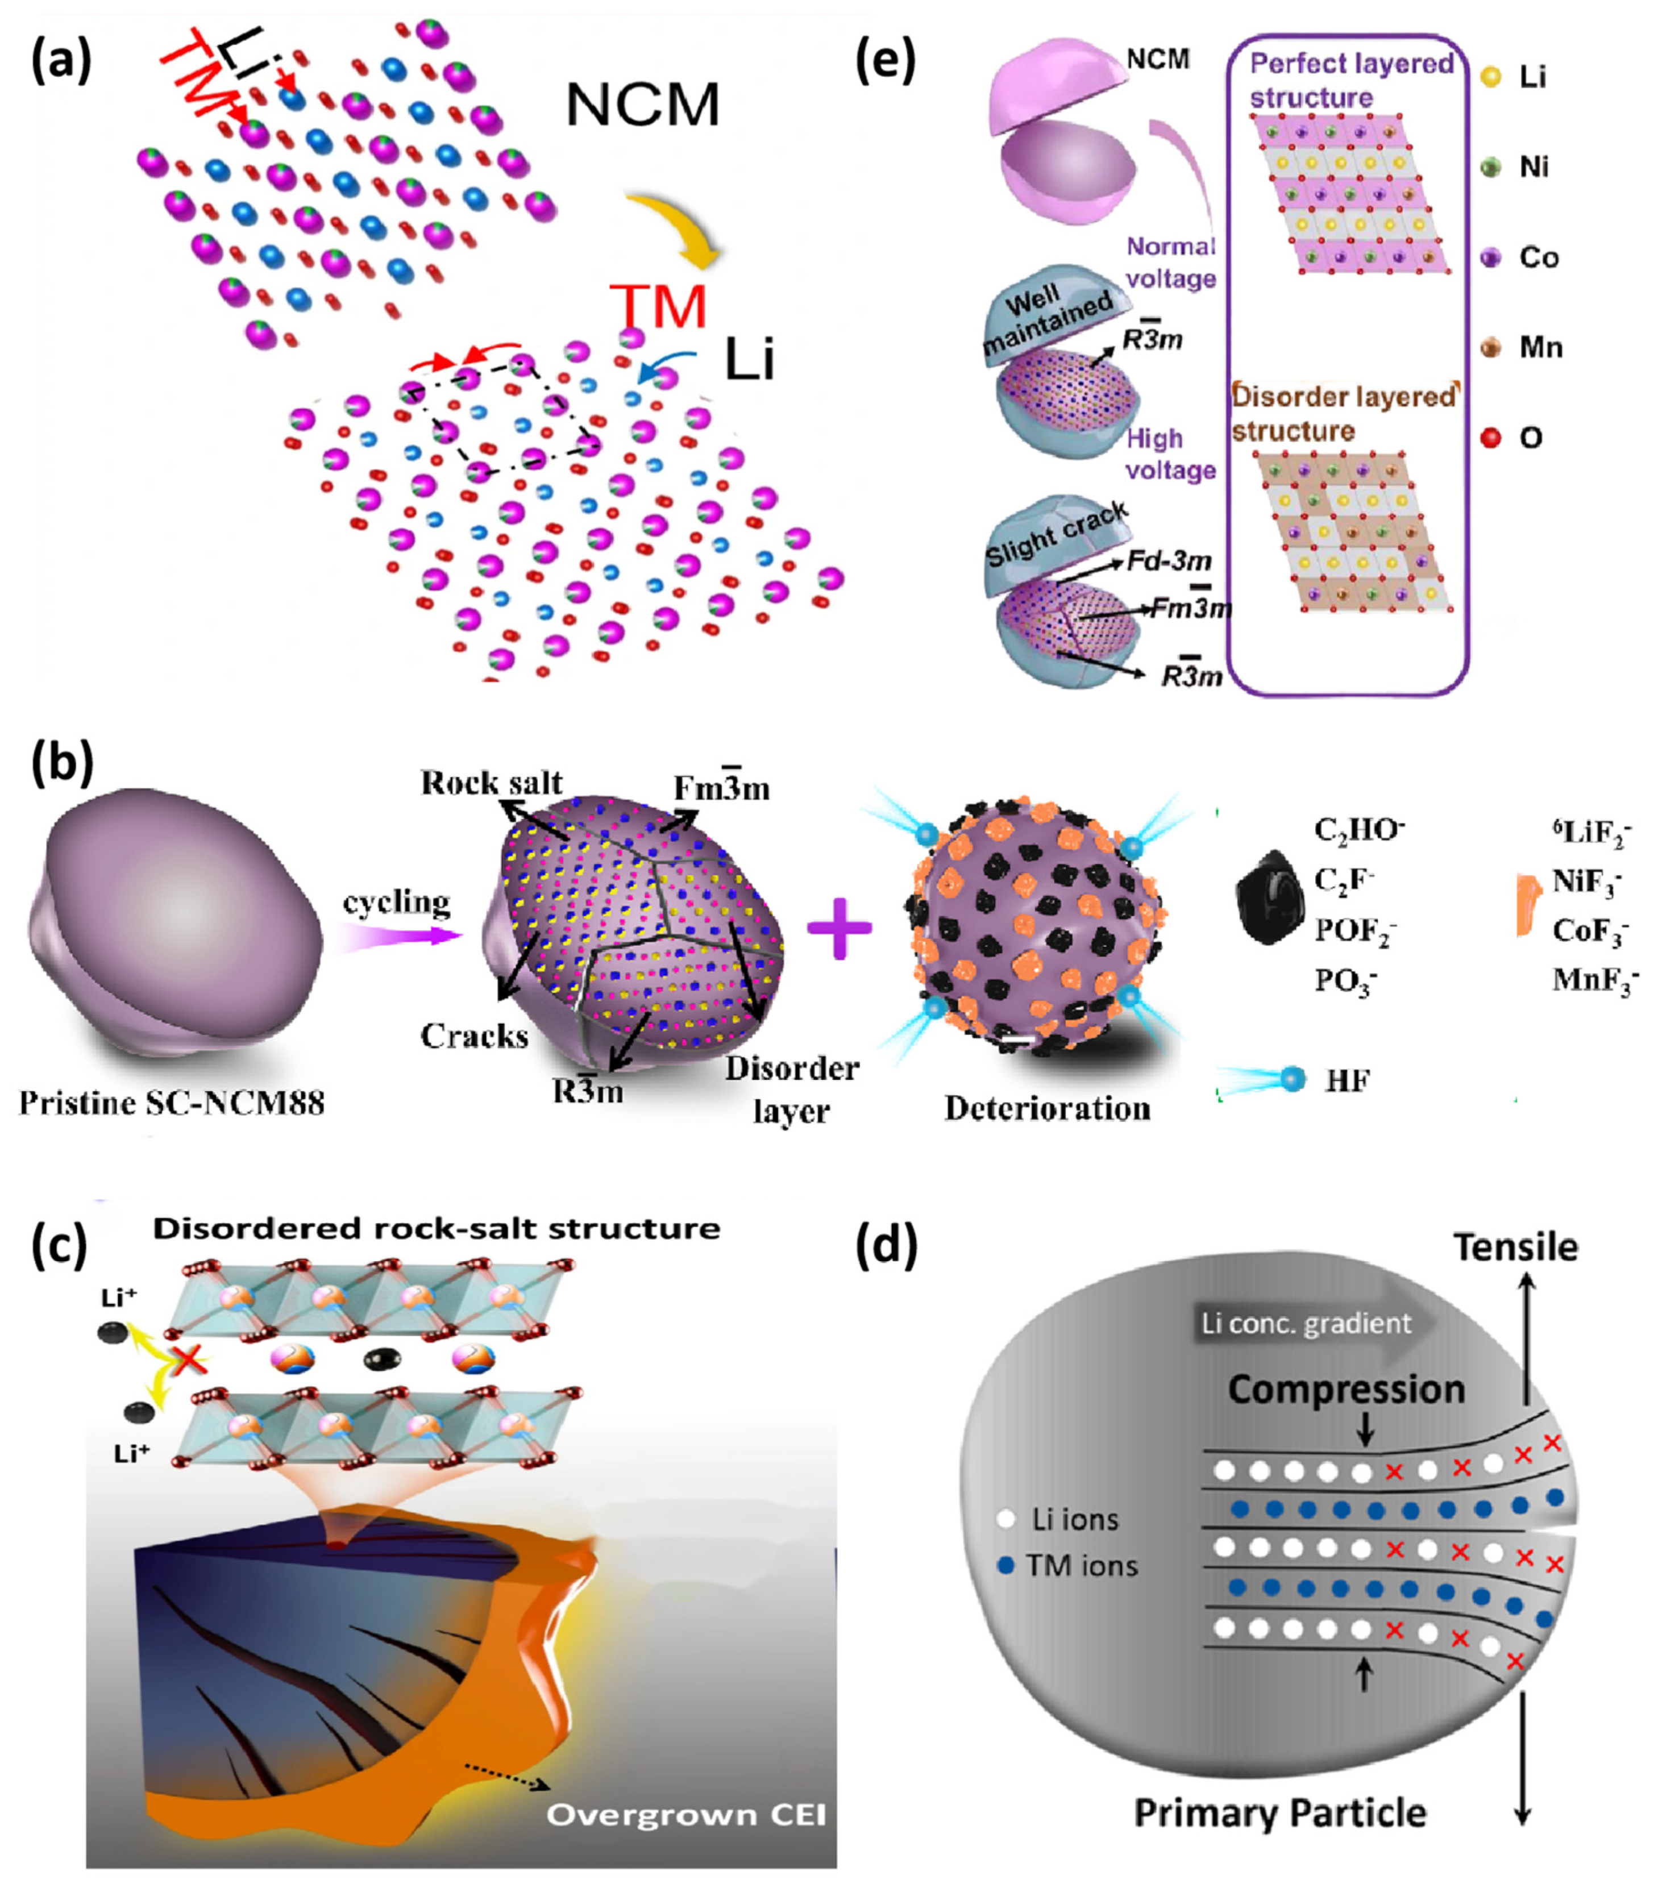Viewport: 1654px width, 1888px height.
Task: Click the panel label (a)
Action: [63, 65]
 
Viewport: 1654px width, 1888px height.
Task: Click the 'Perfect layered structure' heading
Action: [1351, 80]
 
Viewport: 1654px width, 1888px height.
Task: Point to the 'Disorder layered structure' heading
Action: [1344, 413]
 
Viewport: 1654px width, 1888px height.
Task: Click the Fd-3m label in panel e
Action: [1169, 561]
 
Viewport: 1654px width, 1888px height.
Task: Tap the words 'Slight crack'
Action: [1057, 536]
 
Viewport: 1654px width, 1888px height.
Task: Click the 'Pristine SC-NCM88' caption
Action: [172, 1103]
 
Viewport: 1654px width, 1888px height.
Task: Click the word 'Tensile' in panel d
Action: [1515, 1247]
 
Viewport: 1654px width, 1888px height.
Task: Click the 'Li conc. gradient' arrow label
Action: [1306, 1323]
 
